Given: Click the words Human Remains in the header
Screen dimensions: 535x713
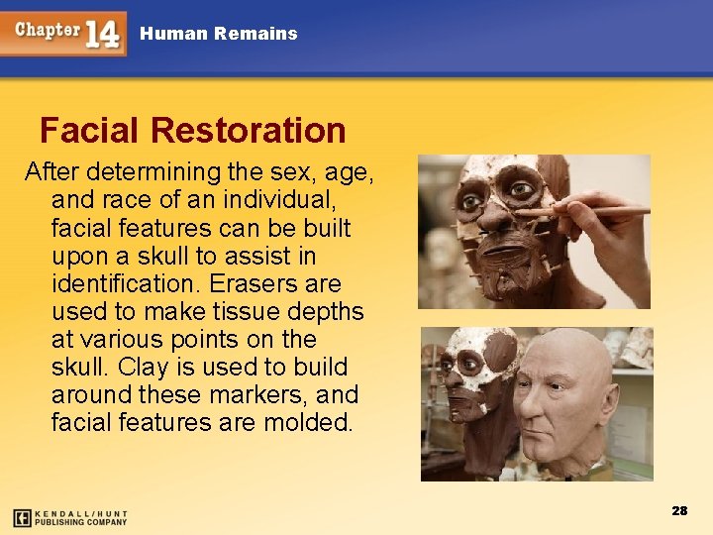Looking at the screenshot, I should [x=218, y=34].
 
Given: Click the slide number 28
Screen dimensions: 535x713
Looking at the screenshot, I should [x=679, y=511].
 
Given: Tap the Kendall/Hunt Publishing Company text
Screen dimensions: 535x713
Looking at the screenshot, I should [x=82, y=517].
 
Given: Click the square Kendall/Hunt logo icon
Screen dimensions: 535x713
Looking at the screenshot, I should [x=22, y=517].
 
